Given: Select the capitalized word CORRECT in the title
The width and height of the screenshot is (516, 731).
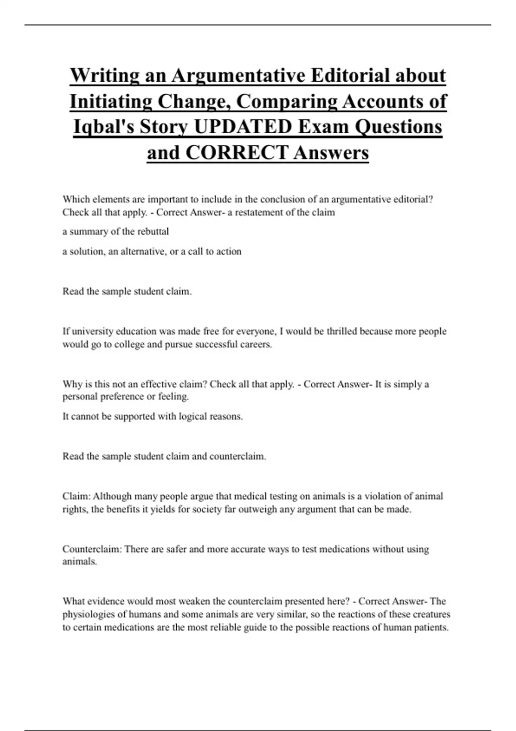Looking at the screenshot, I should coord(237,153).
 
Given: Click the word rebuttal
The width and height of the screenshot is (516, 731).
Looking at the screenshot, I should coord(153,231).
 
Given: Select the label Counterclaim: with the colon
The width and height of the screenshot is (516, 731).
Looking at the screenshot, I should coord(92,549).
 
